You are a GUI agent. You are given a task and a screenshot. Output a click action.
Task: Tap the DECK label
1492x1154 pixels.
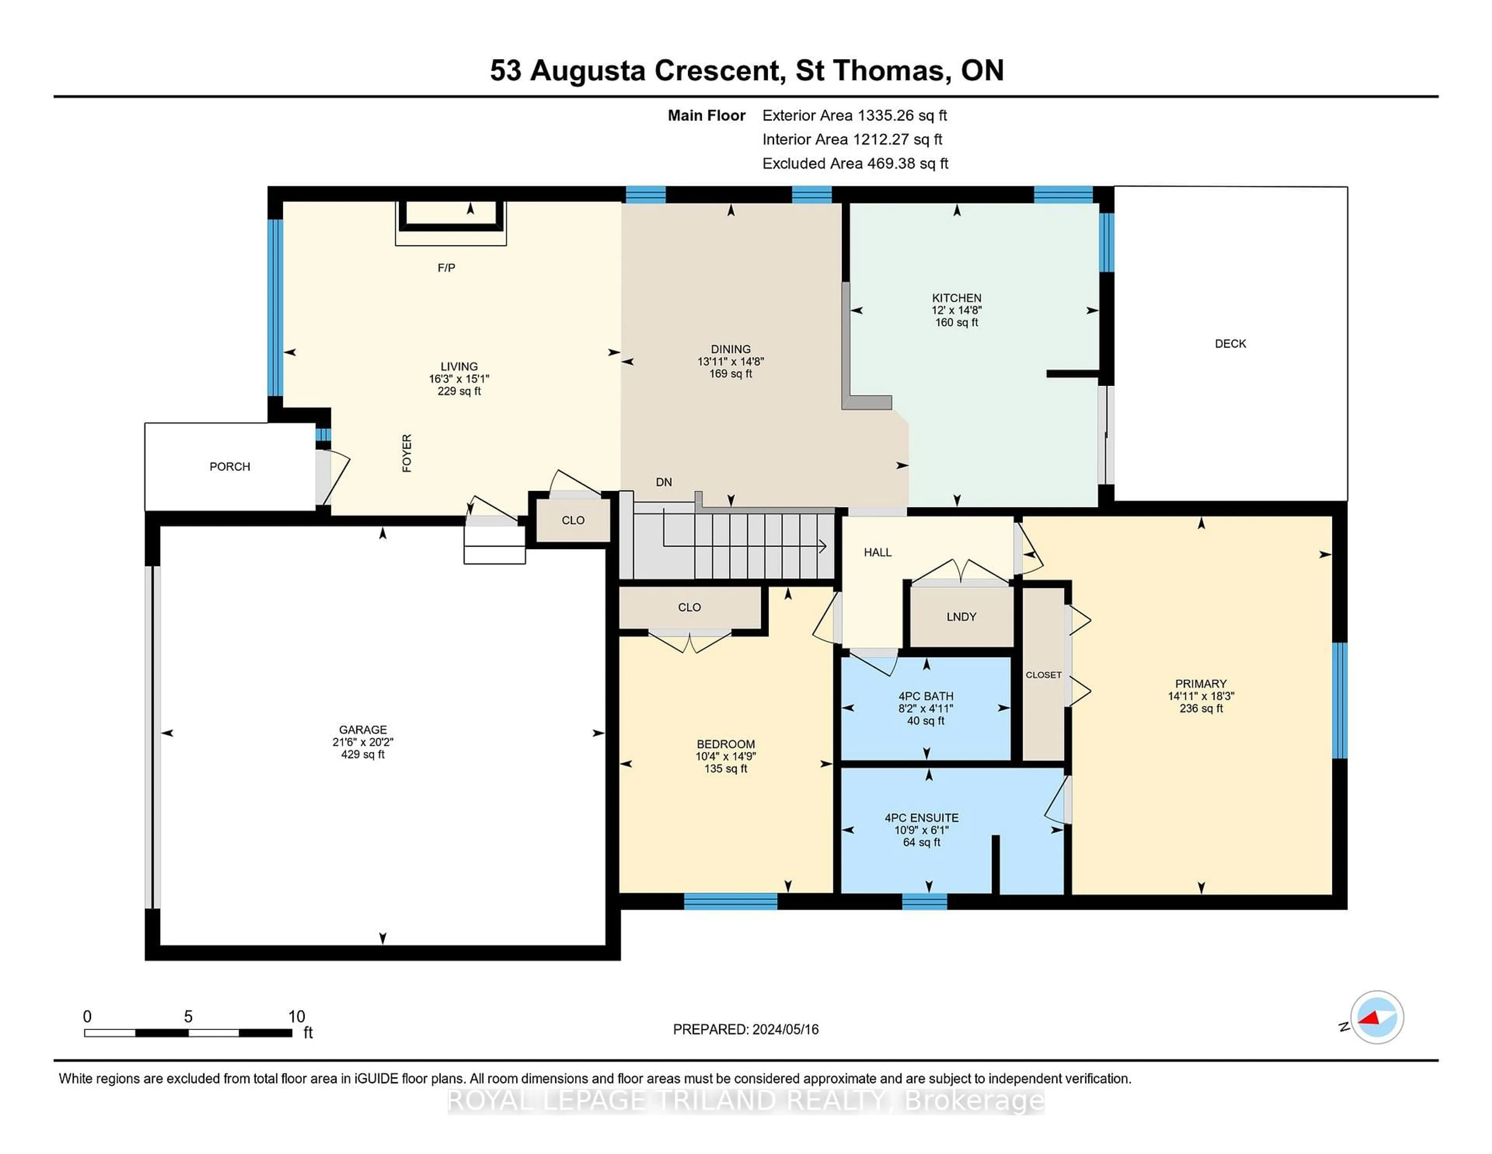(x=1230, y=344)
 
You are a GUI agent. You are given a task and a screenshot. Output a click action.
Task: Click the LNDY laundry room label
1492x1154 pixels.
(x=960, y=617)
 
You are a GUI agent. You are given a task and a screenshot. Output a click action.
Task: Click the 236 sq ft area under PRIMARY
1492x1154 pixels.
(x=1200, y=708)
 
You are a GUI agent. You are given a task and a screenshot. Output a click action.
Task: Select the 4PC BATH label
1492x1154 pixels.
(x=926, y=696)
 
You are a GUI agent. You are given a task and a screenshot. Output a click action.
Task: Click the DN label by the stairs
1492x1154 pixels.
(x=663, y=482)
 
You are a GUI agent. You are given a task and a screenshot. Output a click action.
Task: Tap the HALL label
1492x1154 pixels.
(x=877, y=553)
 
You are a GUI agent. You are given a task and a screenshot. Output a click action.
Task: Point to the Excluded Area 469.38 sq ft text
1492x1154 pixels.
(x=855, y=163)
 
